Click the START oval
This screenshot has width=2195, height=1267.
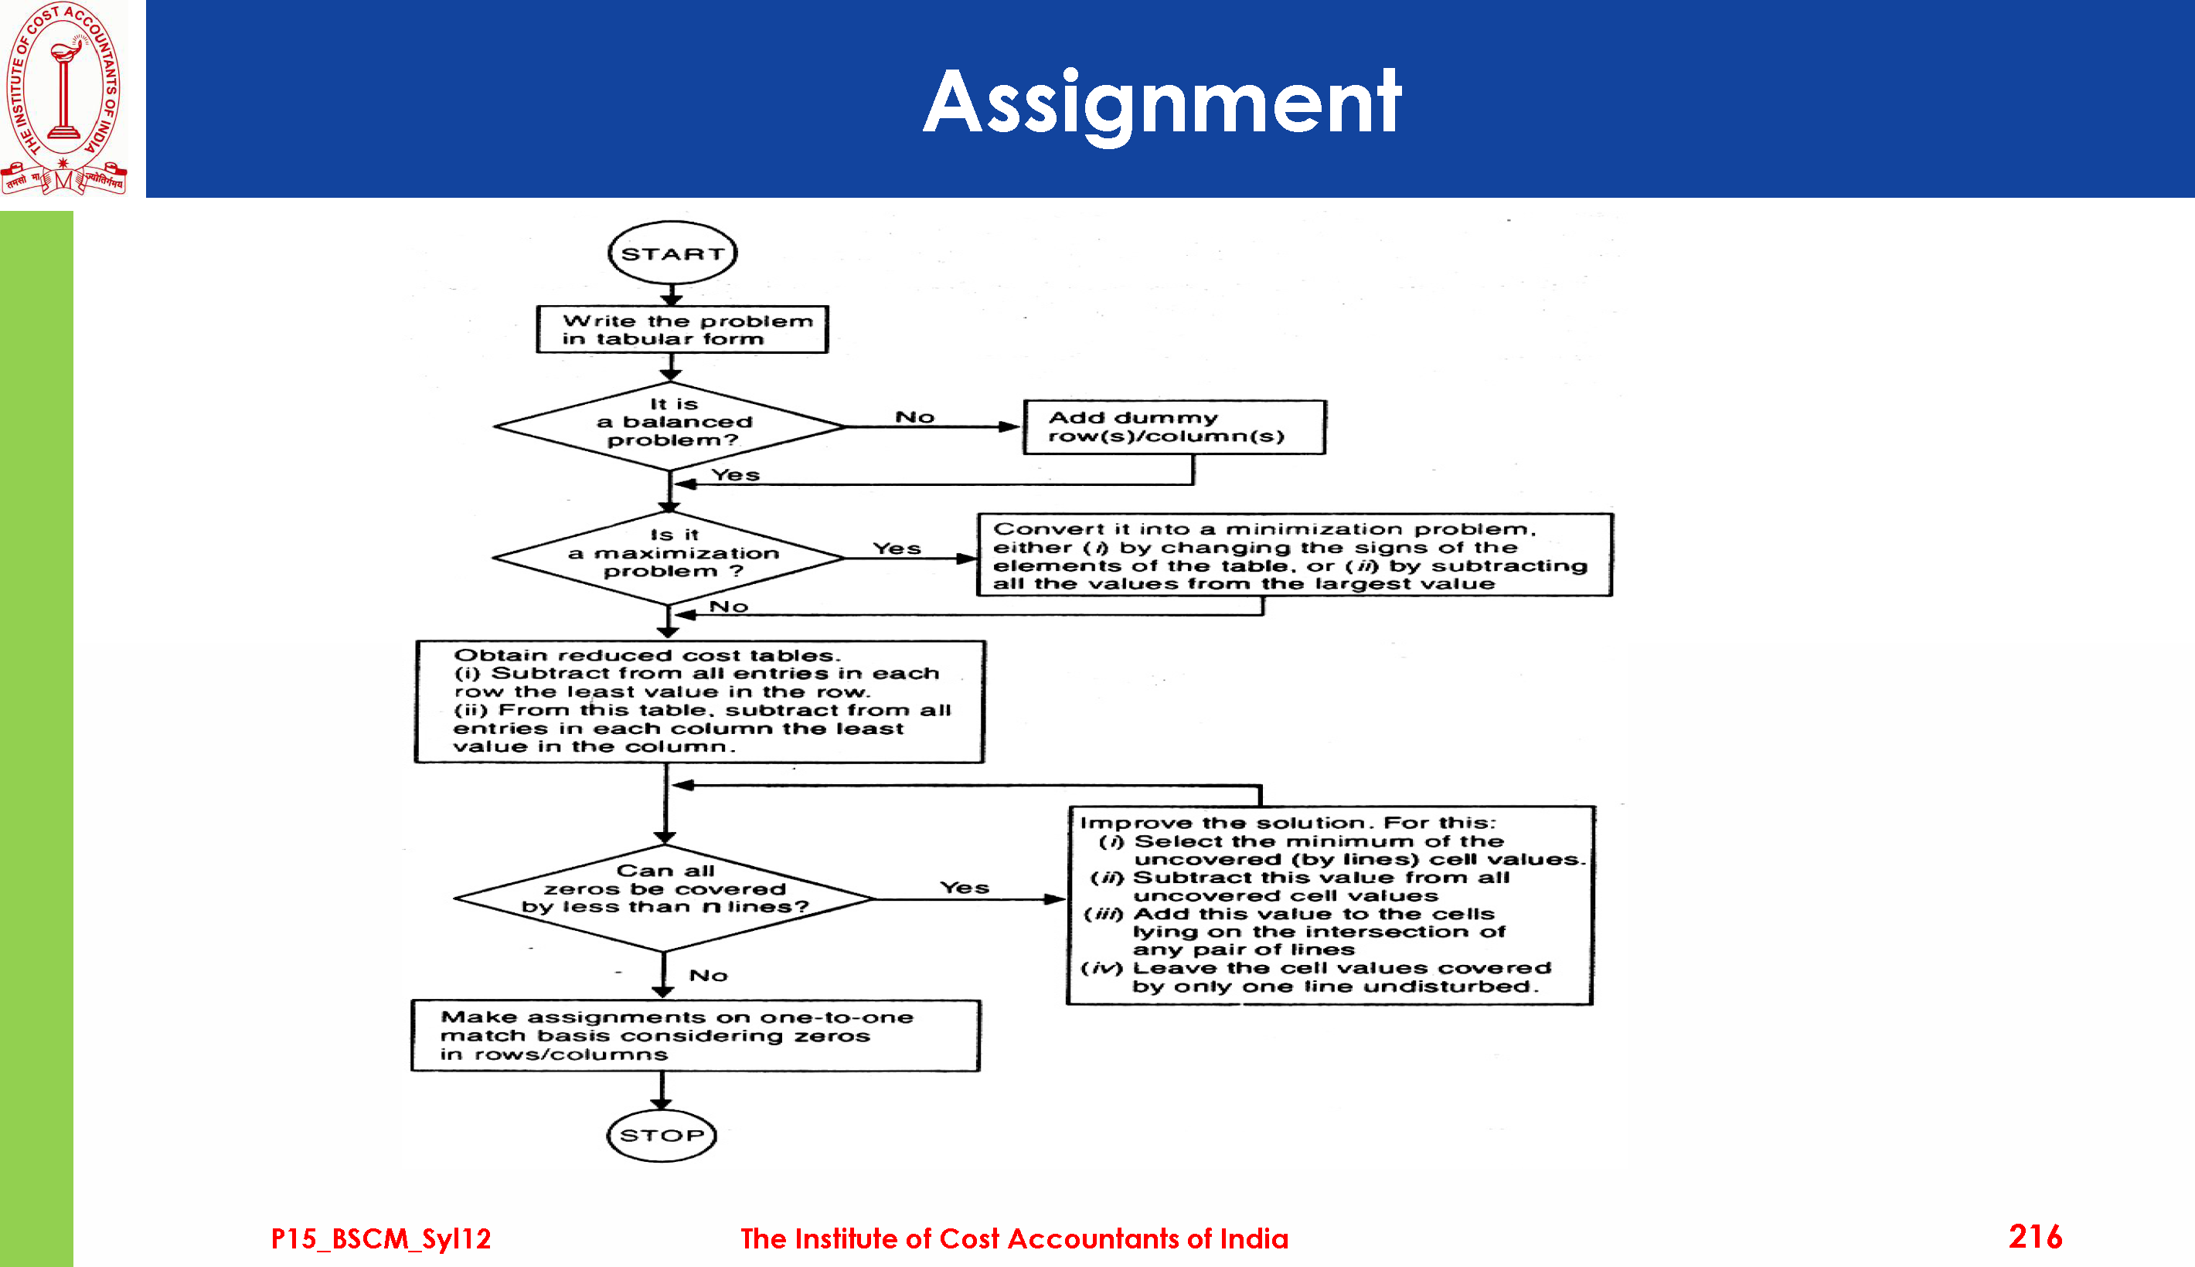[x=672, y=253]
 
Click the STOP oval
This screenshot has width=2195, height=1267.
[x=662, y=1136]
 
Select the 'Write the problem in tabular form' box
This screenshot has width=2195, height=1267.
[x=682, y=330]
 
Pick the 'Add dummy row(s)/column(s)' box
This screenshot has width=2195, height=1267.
[x=1174, y=427]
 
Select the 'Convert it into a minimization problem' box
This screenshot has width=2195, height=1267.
[x=1294, y=555]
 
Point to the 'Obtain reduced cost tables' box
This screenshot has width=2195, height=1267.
[x=699, y=701]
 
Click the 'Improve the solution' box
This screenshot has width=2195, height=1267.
[x=1329, y=905]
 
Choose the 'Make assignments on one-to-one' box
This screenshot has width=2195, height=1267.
[x=696, y=1035]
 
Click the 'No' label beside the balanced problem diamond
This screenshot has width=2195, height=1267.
[x=915, y=417]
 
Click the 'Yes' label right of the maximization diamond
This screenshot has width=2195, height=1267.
[x=897, y=549]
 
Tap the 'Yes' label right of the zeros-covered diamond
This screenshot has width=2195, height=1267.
[x=965, y=888]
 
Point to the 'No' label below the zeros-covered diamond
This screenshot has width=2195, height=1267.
[x=709, y=976]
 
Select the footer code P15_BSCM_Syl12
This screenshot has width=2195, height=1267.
[x=381, y=1238]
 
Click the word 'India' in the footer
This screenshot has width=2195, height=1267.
[x=1254, y=1238]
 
